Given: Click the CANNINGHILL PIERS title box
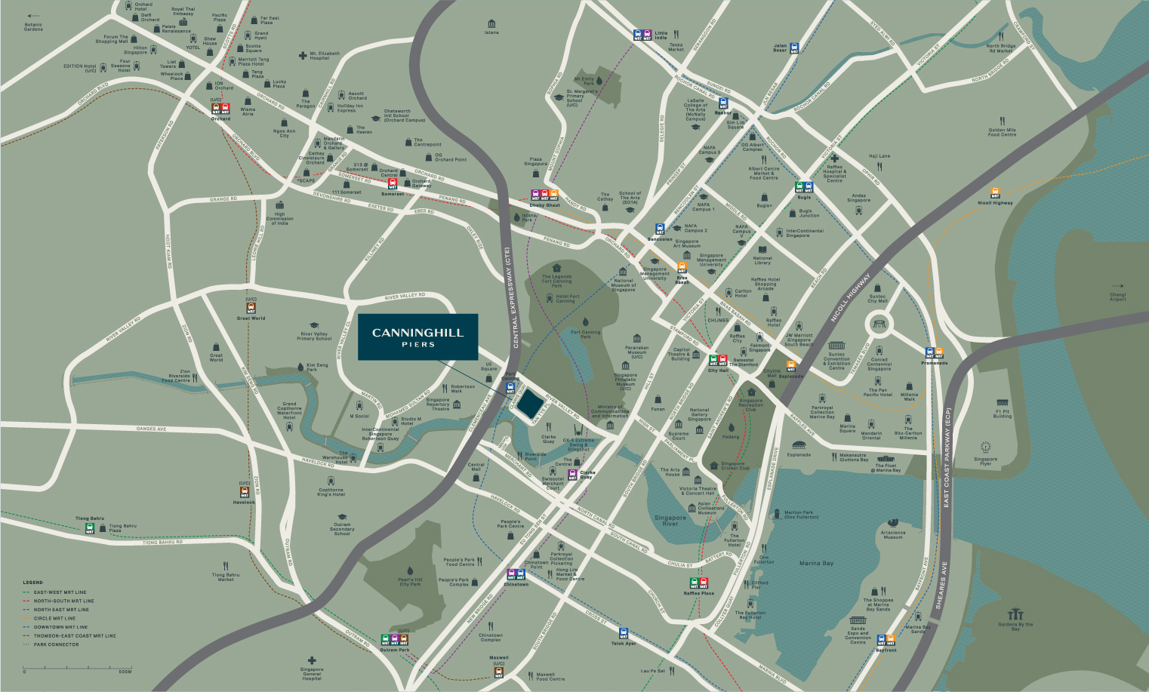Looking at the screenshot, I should click(x=417, y=337).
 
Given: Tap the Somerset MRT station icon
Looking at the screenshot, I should click(x=393, y=182).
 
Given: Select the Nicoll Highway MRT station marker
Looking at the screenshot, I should click(x=995, y=192).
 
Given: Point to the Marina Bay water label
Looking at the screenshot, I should click(x=816, y=563).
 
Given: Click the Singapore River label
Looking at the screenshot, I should click(x=670, y=521).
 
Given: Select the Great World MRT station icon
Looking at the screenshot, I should click(x=251, y=308).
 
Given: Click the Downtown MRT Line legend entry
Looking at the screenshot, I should click(x=60, y=627).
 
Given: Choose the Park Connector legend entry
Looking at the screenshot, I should click(x=56, y=644).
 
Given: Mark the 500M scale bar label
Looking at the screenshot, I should click(x=125, y=672).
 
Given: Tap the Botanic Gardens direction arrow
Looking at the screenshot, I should click(x=32, y=16).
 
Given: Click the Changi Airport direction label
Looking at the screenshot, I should click(x=1117, y=297).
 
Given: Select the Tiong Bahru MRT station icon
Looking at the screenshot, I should click(x=90, y=528).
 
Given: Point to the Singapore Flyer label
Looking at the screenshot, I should click(x=985, y=461).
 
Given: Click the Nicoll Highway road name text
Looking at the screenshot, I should click(x=850, y=298).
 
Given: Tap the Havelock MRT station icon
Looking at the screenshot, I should click(x=244, y=492).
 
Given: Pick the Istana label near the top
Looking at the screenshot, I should click(x=491, y=32).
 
